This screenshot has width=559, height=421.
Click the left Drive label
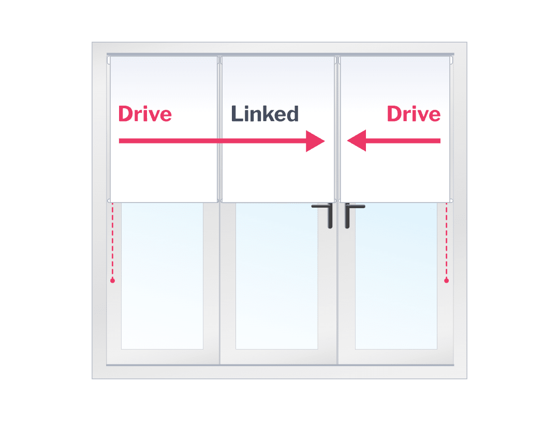click(x=145, y=114)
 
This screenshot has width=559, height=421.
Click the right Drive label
click(x=414, y=114)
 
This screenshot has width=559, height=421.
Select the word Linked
click(x=264, y=114)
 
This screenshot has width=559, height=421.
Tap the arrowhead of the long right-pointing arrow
click(x=315, y=141)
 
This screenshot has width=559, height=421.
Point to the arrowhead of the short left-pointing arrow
click(x=357, y=140)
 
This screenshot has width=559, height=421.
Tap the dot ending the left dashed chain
click(x=112, y=281)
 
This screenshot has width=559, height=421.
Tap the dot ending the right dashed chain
click(x=447, y=281)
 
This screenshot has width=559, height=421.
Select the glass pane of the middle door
click(x=276, y=280)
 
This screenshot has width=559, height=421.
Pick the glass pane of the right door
click(x=396, y=280)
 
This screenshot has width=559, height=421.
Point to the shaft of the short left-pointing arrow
click(x=404, y=140)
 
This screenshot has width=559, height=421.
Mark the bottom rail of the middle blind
click(x=277, y=201)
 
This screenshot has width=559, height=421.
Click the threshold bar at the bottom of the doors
click(x=279, y=365)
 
